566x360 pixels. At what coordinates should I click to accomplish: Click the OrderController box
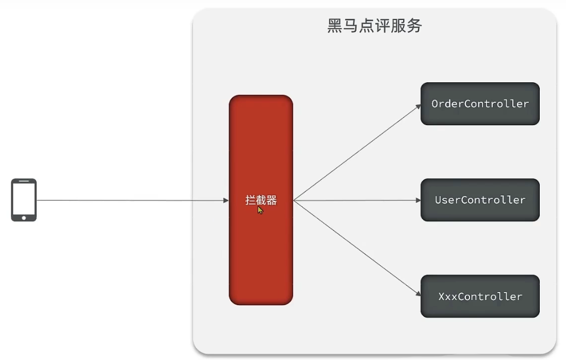click(x=480, y=103)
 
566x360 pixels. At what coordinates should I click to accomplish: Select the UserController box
click(x=480, y=199)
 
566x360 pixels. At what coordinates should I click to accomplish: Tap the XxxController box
click(x=480, y=296)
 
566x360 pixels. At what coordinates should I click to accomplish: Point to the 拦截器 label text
click(x=260, y=199)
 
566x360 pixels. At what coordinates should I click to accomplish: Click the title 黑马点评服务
click(x=374, y=26)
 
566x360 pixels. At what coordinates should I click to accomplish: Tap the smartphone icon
click(x=24, y=199)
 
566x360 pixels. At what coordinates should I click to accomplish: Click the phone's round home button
click(x=24, y=218)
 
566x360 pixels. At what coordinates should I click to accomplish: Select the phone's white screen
click(x=24, y=199)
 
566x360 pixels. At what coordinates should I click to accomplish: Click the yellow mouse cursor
click(x=260, y=210)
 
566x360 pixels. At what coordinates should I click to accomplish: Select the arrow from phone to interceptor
click(x=133, y=200)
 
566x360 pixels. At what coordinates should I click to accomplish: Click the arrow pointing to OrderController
click(x=358, y=153)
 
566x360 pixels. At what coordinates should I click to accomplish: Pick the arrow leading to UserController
click(x=358, y=200)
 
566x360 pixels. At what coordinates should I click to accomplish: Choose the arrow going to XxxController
click(x=358, y=248)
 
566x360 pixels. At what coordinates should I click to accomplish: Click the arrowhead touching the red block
click(x=226, y=200)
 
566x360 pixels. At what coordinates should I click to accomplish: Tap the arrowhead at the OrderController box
click(x=419, y=106)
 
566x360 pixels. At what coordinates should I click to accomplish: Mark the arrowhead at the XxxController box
click(x=419, y=294)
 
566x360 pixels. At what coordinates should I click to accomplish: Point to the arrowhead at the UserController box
click(x=419, y=200)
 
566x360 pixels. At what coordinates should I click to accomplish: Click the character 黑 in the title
click(x=335, y=26)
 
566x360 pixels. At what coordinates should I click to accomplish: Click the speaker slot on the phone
click(x=24, y=181)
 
